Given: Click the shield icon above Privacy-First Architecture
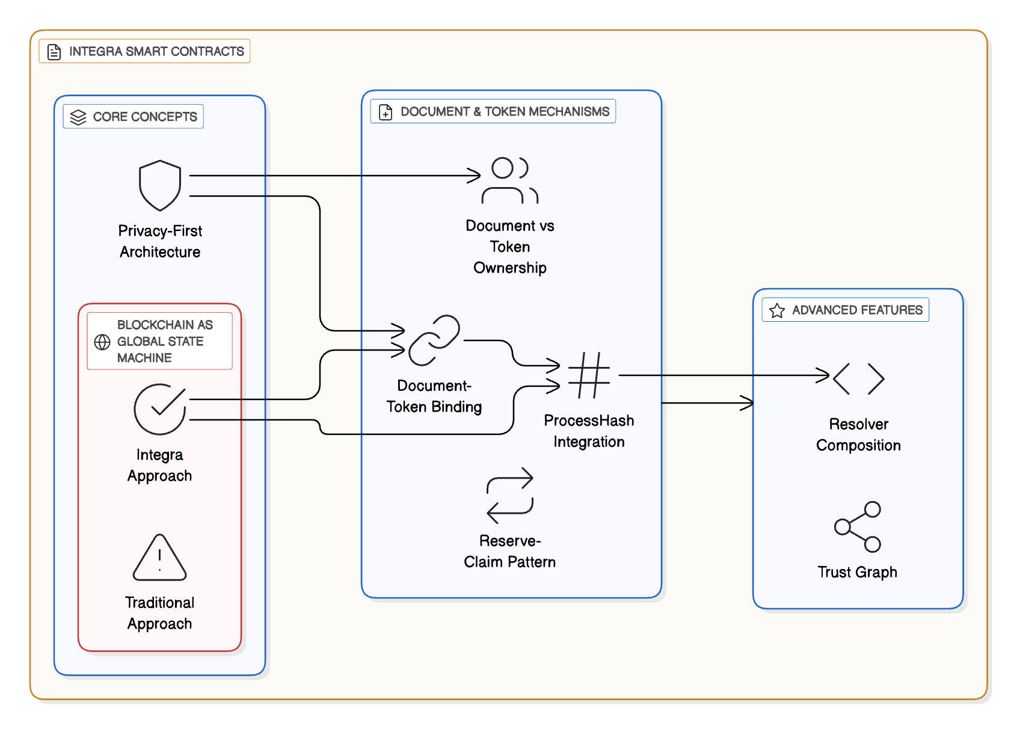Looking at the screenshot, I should coord(160,185).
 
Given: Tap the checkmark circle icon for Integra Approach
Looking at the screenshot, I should coord(160,409).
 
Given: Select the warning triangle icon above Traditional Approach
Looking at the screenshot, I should coord(159,558).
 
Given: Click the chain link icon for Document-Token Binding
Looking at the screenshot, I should coord(434,340).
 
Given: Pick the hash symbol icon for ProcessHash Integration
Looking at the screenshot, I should coord(589,375).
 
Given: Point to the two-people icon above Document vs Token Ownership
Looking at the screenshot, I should coord(510,180).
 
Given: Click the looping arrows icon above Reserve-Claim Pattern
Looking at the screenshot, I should coord(510,495).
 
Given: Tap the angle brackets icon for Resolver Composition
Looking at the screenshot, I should coord(859,379).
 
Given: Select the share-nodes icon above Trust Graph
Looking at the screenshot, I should coord(858,527).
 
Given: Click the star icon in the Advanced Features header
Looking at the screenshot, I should coord(777,310).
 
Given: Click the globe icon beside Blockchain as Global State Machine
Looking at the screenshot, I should coord(102,342).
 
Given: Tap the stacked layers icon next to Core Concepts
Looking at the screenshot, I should coord(78,117).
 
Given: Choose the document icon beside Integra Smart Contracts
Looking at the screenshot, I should coord(54,52).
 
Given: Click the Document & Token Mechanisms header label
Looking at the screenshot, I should coord(505,112).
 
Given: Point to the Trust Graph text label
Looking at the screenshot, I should coord(857,572).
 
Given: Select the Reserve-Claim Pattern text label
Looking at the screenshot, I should coord(509,552).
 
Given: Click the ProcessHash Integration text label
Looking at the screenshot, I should coord(589,431).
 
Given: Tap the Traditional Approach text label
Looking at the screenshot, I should coord(159,613).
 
